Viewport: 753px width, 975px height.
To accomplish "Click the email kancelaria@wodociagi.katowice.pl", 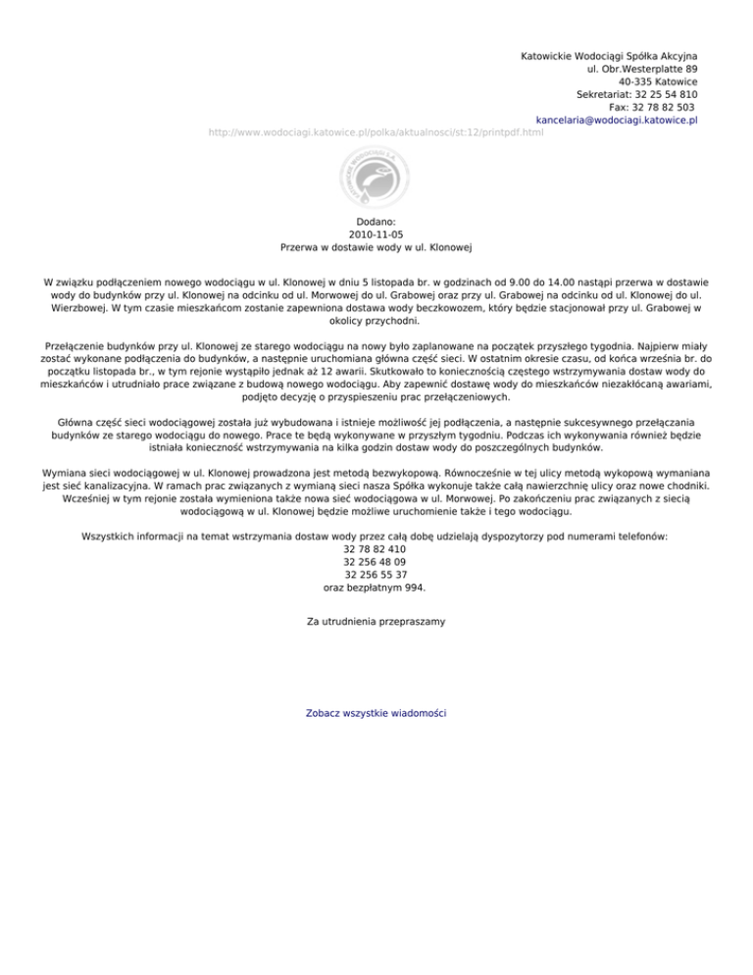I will click(617, 120).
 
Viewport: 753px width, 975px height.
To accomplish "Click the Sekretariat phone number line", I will click(637, 95).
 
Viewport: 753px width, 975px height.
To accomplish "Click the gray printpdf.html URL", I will click(376, 132).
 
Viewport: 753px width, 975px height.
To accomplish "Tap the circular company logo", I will click(376, 179).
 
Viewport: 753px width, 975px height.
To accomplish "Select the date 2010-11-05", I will click(376, 235).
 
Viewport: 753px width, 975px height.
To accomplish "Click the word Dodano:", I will click(376, 223).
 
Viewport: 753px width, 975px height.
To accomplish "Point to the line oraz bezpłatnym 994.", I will click(375, 589).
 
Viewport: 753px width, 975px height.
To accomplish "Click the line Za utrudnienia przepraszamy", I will click(376, 621).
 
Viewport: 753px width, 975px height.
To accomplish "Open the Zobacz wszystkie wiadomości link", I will click(376, 712).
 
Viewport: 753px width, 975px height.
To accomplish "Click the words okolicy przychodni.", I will click(376, 320).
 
